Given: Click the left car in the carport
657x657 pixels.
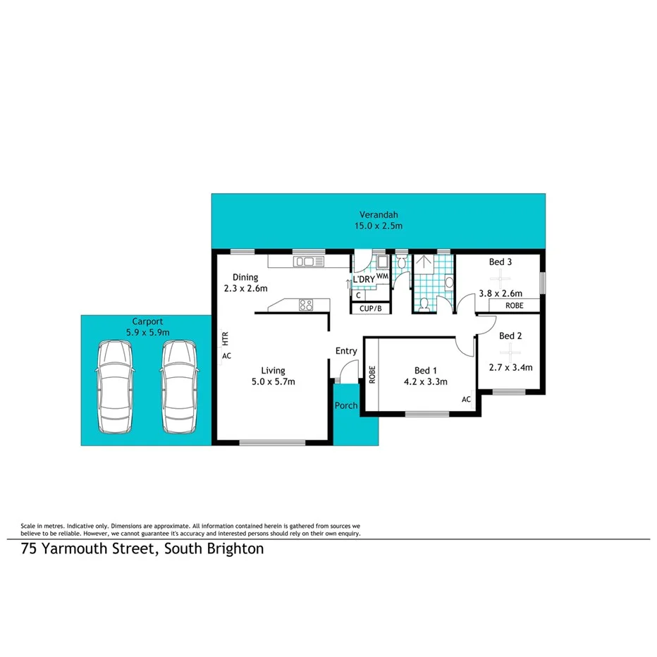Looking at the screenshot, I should (x=113, y=387).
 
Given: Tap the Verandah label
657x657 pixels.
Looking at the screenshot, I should (x=374, y=215).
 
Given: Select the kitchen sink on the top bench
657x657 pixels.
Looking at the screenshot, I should (x=309, y=262).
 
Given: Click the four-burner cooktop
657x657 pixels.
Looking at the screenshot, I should (x=307, y=305).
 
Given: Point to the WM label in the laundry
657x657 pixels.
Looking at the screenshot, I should (x=382, y=276).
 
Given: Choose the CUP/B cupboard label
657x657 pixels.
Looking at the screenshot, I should (x=370, y=309).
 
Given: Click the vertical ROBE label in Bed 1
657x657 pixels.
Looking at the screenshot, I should (x=372, y=374).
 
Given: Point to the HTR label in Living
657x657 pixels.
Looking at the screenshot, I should (x=225, y=338).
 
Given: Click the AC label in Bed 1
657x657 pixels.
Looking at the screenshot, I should (x=466, y=400).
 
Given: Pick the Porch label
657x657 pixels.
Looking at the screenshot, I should (x=345, y=405).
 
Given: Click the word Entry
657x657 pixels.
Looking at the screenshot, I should (x=346, y=351).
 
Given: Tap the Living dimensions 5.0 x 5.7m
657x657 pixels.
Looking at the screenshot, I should (x=273, y=382).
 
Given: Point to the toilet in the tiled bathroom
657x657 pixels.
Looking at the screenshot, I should (x=424, y=305).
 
